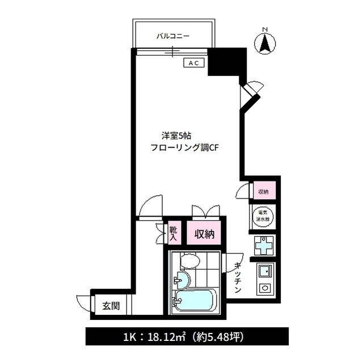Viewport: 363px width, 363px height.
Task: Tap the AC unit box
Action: click(x=193, y=64)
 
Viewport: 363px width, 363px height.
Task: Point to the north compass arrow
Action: click(x=265, y=43)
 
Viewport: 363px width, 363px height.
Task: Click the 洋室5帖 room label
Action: click(x=176, y=136)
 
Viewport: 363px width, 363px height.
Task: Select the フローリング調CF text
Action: click(x=184, y=148)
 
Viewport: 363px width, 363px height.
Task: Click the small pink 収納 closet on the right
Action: click(x=264, y=192)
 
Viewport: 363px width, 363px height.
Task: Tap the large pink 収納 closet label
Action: click(x=205, y=234)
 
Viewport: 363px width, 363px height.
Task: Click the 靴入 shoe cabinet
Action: click(x=174, y=234)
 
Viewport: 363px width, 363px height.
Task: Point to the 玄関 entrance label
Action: click(x=111, y=306)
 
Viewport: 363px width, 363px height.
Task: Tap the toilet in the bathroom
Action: click(x=189, y=261)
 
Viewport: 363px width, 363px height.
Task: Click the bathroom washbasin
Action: click(x=181, y=280)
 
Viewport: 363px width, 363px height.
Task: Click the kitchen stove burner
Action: click(x=265, y=288)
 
